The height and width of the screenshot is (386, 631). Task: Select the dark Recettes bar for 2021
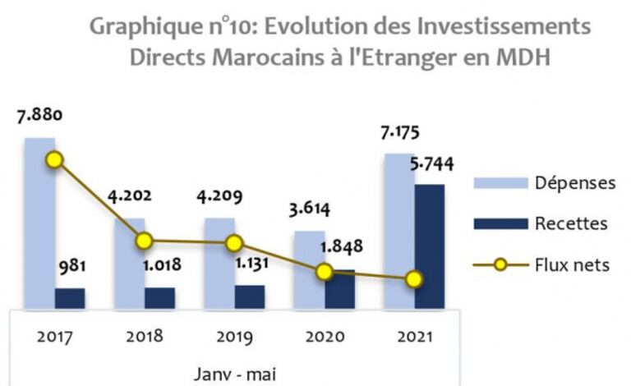429,246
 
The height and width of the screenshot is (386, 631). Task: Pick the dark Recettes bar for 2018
159,298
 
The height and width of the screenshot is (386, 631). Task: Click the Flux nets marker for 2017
55,159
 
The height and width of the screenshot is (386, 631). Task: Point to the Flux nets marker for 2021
414,279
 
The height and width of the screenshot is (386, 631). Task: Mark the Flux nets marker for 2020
325,272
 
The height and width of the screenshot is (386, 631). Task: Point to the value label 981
71,266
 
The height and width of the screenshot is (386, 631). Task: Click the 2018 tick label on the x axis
145,336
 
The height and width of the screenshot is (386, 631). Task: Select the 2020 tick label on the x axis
324,336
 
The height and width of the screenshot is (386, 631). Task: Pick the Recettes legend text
571,223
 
